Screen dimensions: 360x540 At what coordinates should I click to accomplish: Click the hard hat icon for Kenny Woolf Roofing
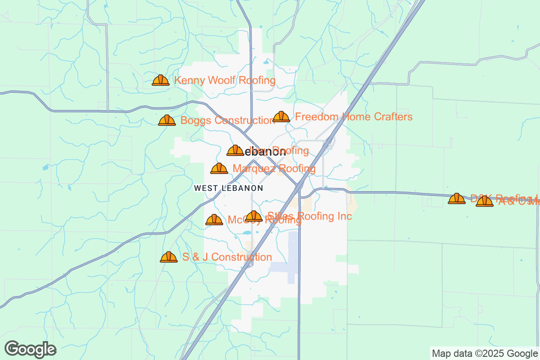pyautogui.click(x=161, y=81)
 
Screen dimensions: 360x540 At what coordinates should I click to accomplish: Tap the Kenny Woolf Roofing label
pyautogui.click(x=225, y=81)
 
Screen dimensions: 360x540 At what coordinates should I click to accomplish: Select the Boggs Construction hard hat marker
pyautogui.click(x=167, y=121)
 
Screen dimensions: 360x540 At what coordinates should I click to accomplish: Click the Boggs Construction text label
pyautogui.click(x=227, y=121)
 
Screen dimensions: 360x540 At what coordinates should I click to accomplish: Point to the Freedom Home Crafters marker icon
pyautogui.click(x=281, y=117)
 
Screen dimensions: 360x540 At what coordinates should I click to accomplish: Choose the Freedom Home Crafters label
pyautogui.click(x=353, y=117)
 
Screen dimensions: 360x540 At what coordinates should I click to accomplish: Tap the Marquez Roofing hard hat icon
pyautogui.click(x=219, y=169)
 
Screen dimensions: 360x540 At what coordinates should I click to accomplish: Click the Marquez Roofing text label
pyautogui.click(x=274, y=169)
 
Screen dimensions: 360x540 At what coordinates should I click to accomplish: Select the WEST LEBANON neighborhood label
pyautogui.click(x=228, y=188)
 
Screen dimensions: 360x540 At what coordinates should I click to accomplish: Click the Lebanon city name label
pyautogui.click(x=266, y=152)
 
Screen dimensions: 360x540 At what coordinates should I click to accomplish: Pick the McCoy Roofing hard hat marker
pyautogui.click(x=214, y=220)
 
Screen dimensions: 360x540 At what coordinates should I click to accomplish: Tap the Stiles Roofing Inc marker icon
pyautogui.click(x=254, y=216)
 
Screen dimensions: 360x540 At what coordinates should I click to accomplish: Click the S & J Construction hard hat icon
pyautogui.click(x=169, y=257)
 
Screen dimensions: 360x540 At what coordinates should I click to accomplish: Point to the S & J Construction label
pyautogui.click(x=227, y=257)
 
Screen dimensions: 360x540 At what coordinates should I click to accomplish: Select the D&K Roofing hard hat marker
pyautogui.click(x=457, y=198)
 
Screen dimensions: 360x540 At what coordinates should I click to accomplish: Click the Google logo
pyautogui.click(x=31, y=349)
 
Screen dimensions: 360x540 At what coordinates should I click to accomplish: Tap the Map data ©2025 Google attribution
pyautogui.click(x=485, y=353)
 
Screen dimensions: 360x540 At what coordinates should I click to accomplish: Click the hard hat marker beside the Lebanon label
pyautogui.click(x=235, y=151)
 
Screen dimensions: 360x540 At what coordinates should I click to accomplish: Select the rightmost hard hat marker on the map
pyautogui.click(x=485, y=201)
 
